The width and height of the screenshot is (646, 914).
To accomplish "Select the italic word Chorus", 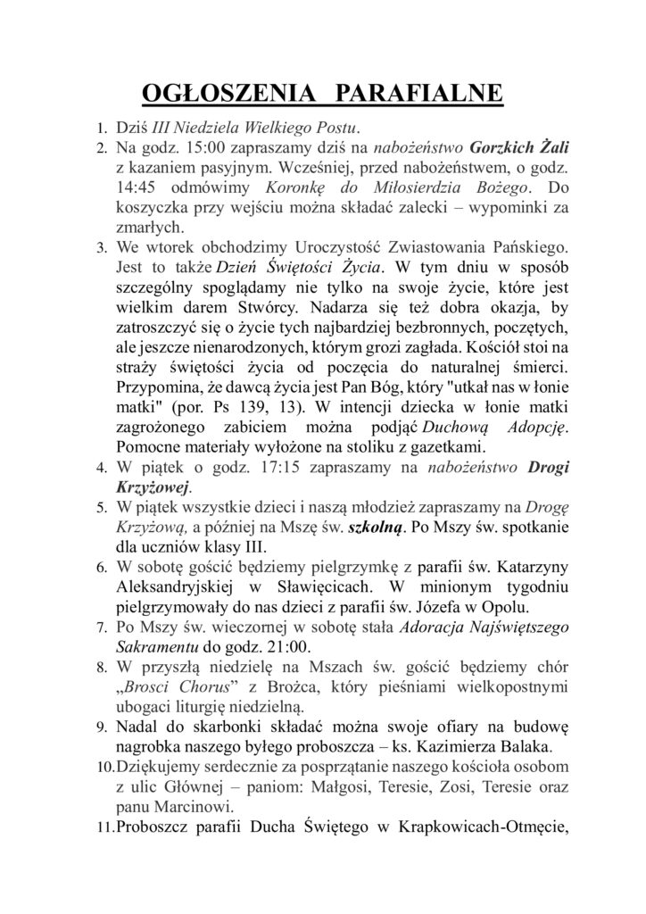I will pos(203,689).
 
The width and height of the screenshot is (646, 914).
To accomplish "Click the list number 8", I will pos(101,669).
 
